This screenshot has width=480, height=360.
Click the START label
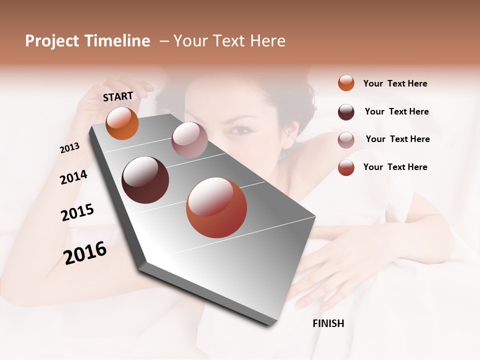tap(118, 96)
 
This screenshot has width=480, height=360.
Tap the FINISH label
tap(328, 323)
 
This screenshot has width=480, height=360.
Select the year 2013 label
tap(70, 148)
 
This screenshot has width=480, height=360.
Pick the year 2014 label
tap(73, 177)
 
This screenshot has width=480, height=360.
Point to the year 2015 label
tap(77, 212)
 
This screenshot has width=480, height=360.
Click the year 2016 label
tap(85, 252)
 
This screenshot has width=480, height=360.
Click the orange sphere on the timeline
tap(122, 123)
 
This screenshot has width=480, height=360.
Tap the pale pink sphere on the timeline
tap(189, 140)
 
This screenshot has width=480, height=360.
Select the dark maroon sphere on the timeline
tap(145, 179)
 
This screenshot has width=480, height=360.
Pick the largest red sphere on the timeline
tap(216, 207)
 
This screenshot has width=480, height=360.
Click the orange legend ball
tap(346, 83)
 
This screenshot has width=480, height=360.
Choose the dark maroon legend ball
tap(346, 112)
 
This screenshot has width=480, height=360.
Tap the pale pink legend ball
tap(346, 139)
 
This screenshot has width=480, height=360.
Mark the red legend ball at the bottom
tap(346, 167)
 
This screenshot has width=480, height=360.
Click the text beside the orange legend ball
tap(395, 83)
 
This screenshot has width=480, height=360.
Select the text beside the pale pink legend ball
tap(397, 139)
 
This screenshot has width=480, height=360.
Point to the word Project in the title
tap(52, 41)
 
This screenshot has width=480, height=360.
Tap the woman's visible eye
tap(241, 130)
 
